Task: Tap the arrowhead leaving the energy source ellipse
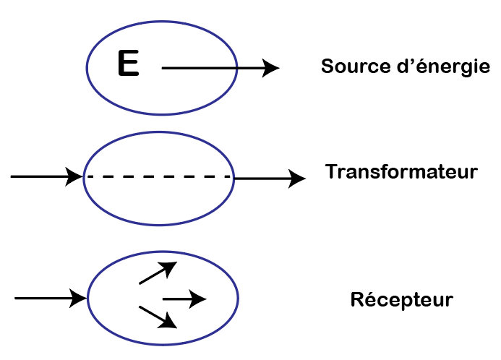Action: point(270,68)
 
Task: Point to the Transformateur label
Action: point(401,173)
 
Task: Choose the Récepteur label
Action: point(401,299)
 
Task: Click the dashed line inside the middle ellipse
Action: point(159,176)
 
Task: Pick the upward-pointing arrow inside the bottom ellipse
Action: point(158,273)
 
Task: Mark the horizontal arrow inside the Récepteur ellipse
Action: point(184,298)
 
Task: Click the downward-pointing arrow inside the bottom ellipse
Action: point(158,317)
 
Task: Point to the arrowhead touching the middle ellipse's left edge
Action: point(74,176)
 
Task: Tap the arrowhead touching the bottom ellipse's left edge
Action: point(78,297)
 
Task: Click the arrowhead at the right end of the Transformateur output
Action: point(296,177)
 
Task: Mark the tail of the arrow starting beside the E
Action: point(164,68)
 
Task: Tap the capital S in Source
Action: point(327,67)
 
